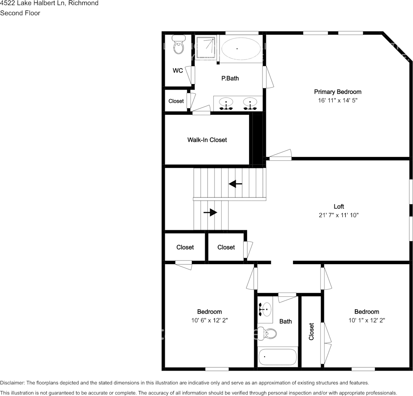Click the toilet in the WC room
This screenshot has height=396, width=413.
179,46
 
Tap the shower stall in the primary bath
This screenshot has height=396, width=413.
206,48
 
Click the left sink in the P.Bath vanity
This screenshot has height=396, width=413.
227,103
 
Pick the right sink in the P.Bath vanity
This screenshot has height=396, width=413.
250,103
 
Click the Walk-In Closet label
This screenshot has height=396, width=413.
207,140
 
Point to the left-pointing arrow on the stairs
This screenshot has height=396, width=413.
235,184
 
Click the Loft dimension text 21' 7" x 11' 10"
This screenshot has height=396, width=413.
338,215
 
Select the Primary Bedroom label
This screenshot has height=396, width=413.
337,92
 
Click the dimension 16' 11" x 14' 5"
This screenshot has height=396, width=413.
337,100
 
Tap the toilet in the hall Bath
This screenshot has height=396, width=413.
268,333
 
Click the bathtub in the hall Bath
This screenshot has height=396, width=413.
278,357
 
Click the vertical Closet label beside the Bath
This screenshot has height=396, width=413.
311,331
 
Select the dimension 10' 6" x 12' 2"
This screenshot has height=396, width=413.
209,320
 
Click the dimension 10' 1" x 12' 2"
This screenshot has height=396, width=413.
367,320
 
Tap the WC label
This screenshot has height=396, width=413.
178,71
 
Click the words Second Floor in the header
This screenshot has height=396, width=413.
20,13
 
